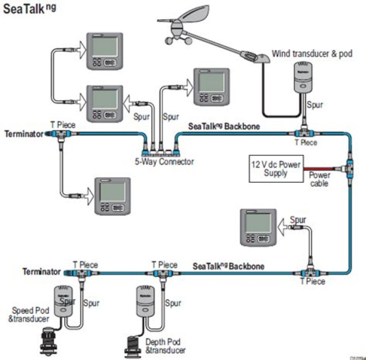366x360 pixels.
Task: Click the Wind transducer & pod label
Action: click(x=311, y=53)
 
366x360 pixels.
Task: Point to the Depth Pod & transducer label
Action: click(x=165, y=346)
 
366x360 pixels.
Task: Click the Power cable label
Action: click(x=319, y=179)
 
